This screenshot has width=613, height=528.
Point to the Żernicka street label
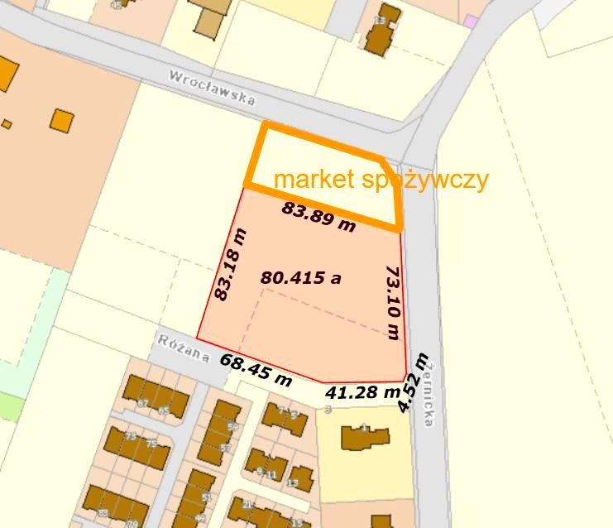pyautogui.click(x=426, y=398)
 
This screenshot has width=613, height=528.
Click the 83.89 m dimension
pyautogui.click(x=318, y=216)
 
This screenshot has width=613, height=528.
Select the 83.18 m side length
pyautogui.click(x=230, y=264)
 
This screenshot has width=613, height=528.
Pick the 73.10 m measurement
pyautogui.click(x=392, y=302)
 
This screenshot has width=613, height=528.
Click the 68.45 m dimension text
pyautogui.click(x=256, y=370)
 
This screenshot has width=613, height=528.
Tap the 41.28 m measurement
pyautogui.click(x=363, y=392)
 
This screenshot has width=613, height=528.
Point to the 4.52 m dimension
pyautogui.click(x=413, y=382)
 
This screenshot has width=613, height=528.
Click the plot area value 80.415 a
pyautogui.click(x=300, y=277)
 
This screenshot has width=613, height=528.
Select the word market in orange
pyautogui.click(x=315, y=180)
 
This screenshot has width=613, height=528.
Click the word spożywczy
pyautogui.click(x=426, y=180)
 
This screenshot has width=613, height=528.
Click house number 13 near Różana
pyautogui.click(x=292, y=482)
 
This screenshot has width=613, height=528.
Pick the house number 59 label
pyautogui.click(x=232, y=427)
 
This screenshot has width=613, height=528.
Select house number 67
pyautogui.click(x=142, y=403)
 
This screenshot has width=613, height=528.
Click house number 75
pyautogui.click(x=151, y=444)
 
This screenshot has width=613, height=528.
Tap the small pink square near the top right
pyautogui.click(x=470, y=21)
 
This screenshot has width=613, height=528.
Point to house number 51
pyautogui.click(x=206, y=497)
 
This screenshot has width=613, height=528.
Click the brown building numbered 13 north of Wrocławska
pyautogui.click(x=382, y=31)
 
